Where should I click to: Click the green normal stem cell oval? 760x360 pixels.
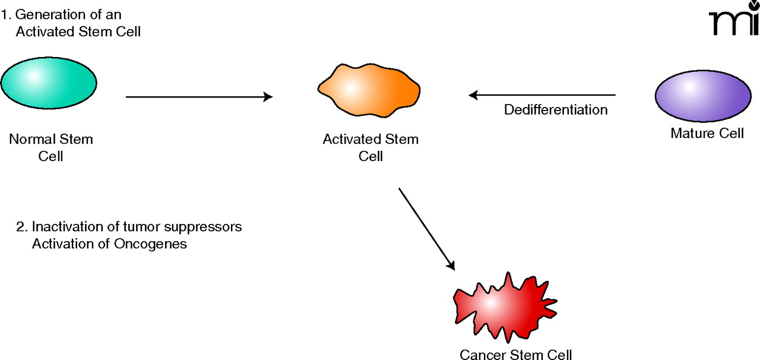click(49, 82)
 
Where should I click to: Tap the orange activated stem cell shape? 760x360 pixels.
click(369, 89)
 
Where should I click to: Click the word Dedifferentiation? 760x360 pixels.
click(556, 110)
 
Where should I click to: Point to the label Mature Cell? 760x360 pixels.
click(707, 133)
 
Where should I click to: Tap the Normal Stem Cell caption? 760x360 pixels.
click(51, 148)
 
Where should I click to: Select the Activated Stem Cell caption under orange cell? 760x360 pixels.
click(370, 148)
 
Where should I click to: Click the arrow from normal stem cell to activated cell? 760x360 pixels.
click(199, 97)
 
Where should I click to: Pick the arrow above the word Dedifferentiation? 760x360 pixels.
click(541, 94)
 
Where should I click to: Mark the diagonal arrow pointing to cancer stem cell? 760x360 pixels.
click(426, 229)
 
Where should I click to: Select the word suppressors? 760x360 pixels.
click(207, 228)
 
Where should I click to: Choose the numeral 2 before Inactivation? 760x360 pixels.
click(20, 227)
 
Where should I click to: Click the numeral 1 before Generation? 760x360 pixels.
click(5, 14)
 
